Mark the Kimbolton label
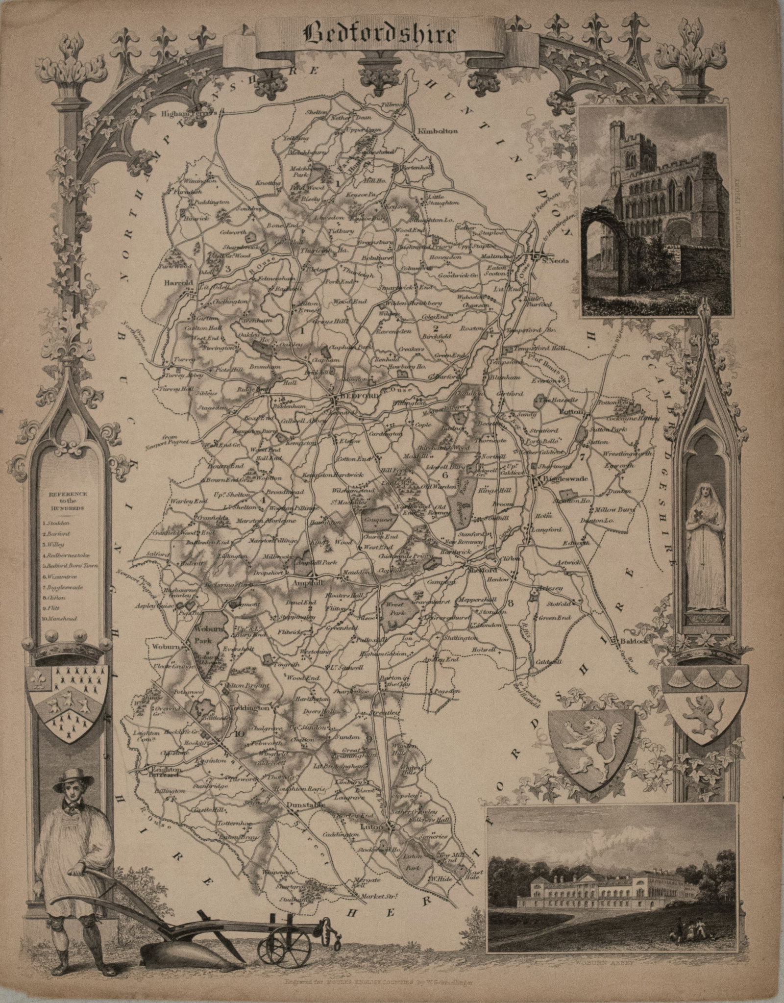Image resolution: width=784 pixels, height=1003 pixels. [x=437, y=131]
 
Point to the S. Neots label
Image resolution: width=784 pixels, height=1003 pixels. [x=555, y=261]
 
